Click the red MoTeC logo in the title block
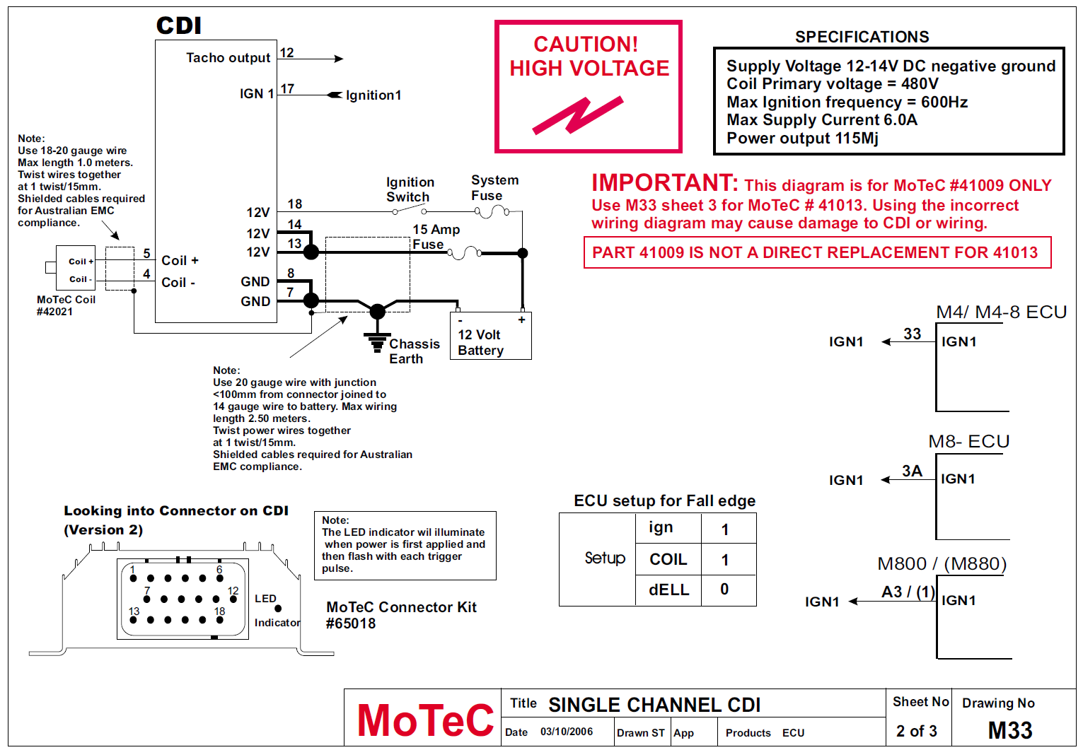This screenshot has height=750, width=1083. point(425,720)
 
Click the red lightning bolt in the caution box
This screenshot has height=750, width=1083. point(578,115)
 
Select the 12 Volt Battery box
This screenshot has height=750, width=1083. point(490,336)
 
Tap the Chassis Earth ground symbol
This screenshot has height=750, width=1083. point(377,341)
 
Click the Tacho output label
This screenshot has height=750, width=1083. point(228,58)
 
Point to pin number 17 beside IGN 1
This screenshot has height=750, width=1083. point(287,89)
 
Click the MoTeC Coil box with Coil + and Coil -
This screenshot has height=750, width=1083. point(76,269)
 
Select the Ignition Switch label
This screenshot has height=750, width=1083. point(410,189)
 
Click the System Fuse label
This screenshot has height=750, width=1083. point(494,188)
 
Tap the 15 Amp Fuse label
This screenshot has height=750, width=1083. point(435,237)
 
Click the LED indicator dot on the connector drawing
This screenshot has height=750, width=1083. point(278,608)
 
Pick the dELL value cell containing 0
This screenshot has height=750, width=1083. point(725,590)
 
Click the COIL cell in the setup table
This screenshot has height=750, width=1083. point(668,560)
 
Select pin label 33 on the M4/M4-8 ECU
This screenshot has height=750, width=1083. point(913,334)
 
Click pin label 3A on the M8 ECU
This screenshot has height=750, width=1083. point(912,471)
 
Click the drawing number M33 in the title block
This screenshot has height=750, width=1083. point(1009,730)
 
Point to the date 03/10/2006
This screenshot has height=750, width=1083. point(567,732)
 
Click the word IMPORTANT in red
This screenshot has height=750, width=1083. point(664,183)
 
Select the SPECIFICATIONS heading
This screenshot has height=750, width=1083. point(862,37)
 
